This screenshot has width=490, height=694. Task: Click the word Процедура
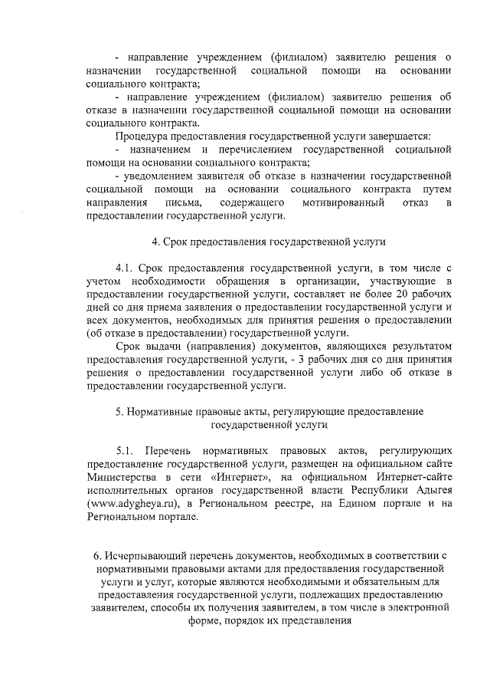pos(141,136)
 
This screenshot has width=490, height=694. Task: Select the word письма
pos(182,202)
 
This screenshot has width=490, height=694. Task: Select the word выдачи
pos(160,347)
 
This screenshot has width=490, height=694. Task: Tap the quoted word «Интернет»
pos(246,477)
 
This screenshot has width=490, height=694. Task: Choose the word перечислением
pos(256,149)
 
